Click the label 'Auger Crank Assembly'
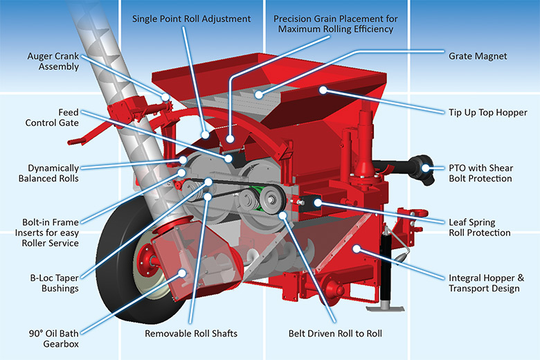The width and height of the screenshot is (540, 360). [53, 62]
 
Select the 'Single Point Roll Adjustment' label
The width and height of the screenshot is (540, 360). [192, 19]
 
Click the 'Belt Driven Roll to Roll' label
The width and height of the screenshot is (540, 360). [335, 333]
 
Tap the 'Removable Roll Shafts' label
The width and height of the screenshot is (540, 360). [191, 333]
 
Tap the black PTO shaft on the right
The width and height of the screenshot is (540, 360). [419, 165]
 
